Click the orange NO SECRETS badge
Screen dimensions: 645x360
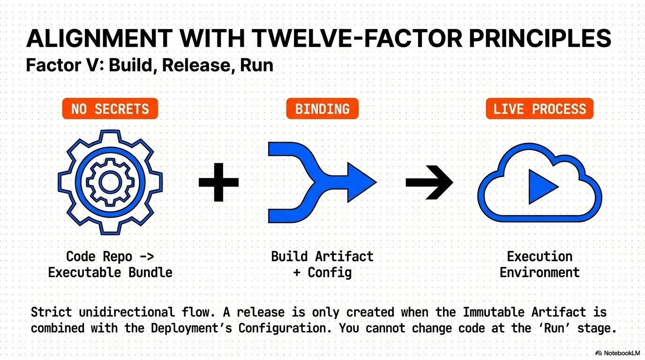click(x=110, y=109)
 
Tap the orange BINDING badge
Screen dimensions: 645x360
click(x=322, y=109)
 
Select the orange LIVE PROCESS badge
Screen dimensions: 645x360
click(x=540, y=109)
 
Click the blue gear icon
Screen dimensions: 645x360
click(x=110, y=182)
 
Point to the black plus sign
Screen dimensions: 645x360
click(x=218, y=182)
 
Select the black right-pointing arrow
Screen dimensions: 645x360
click(x=429, y=182)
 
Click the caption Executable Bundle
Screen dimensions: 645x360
click(x=110, y=272)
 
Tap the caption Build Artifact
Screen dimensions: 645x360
click(x=322, y=256)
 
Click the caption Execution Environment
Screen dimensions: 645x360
click(x=540, y=264)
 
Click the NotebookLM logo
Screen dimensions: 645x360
click(x=617, y=353)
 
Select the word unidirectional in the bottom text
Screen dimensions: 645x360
click(x=127, y=312)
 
